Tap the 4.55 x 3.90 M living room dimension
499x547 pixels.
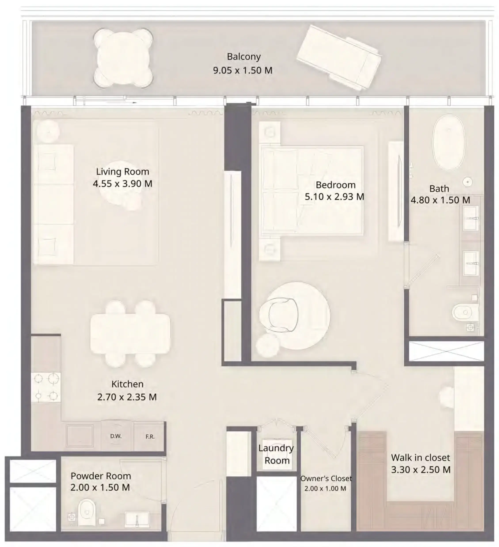[122, 184]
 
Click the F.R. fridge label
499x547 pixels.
[150, 437]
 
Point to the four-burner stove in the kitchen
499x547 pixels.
[46, 387]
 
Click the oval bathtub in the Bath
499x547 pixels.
[449, 142]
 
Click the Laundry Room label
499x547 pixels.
[276, 454]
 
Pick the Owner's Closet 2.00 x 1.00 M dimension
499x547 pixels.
[325, 489]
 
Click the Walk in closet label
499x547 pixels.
[420, 458]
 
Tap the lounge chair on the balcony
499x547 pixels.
[339, 57]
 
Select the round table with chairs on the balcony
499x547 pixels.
[123, 58]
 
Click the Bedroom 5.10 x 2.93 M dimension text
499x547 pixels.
[334, 197]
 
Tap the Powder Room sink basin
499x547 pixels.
[137, 519]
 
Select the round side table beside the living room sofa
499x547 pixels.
[48, 131]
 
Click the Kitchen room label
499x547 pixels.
[127, 384]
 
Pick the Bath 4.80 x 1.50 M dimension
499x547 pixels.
[440, 200]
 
